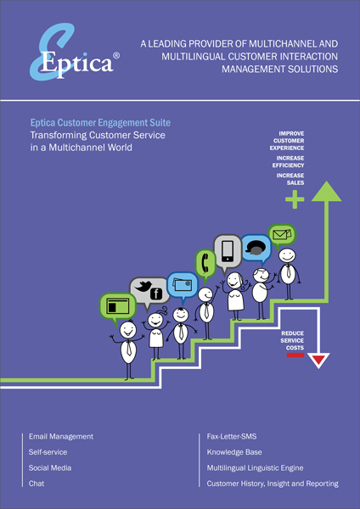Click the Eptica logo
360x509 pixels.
(x=75, y=52)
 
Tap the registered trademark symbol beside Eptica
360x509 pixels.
(x=116, y=56)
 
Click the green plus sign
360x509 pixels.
(x=295, y=199)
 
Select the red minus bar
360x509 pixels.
(x=295, y=355)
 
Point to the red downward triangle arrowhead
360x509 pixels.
(x=318, y=360)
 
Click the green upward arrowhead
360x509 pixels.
(x=326, y=192)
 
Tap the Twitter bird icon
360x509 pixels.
(x=143, y=287)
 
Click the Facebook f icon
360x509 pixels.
(x=156, y=294)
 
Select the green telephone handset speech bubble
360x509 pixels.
(x=205, y=265)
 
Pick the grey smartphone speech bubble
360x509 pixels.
(x=228, y=253)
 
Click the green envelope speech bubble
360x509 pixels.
(x=281, y=235)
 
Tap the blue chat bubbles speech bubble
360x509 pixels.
(x=256, y=250)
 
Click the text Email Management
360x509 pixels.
(x=61, y=437)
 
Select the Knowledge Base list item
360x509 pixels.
(x=234, y=452)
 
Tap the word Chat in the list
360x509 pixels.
(x=37, y=484)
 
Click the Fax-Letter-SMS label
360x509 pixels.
(x=232, y=437)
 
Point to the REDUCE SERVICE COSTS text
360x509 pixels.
(x=292, y=340)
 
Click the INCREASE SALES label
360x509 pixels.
(x=290, y=179)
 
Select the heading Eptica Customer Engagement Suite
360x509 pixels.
(x=100, y=123)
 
